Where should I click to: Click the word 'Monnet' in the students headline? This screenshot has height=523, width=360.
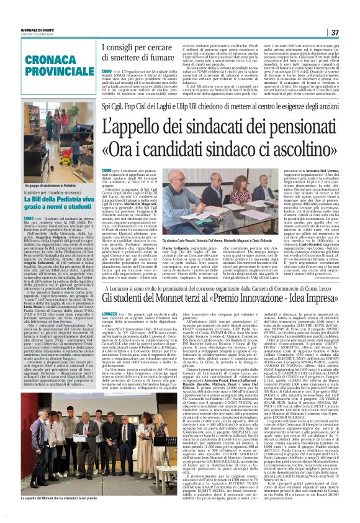coord(184,299)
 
